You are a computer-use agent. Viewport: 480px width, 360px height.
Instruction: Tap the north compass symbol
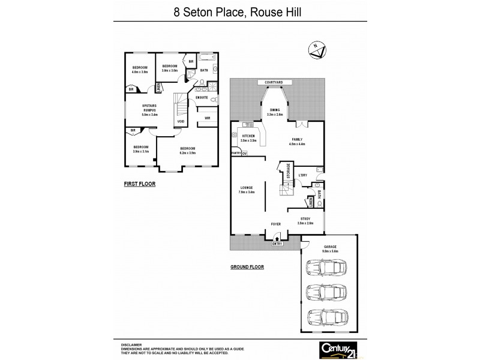316,49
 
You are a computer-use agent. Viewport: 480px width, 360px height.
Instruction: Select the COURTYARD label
273,82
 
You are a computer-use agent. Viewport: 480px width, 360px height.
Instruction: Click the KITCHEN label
249,137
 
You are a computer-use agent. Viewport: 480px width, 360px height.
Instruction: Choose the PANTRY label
236,153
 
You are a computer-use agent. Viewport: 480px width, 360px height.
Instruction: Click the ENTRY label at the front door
277,243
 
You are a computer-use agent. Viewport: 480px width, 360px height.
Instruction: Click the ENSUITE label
202,97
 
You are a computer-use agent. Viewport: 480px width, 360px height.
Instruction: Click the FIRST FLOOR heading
140,184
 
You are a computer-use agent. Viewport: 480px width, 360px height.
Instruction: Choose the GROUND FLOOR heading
247,267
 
